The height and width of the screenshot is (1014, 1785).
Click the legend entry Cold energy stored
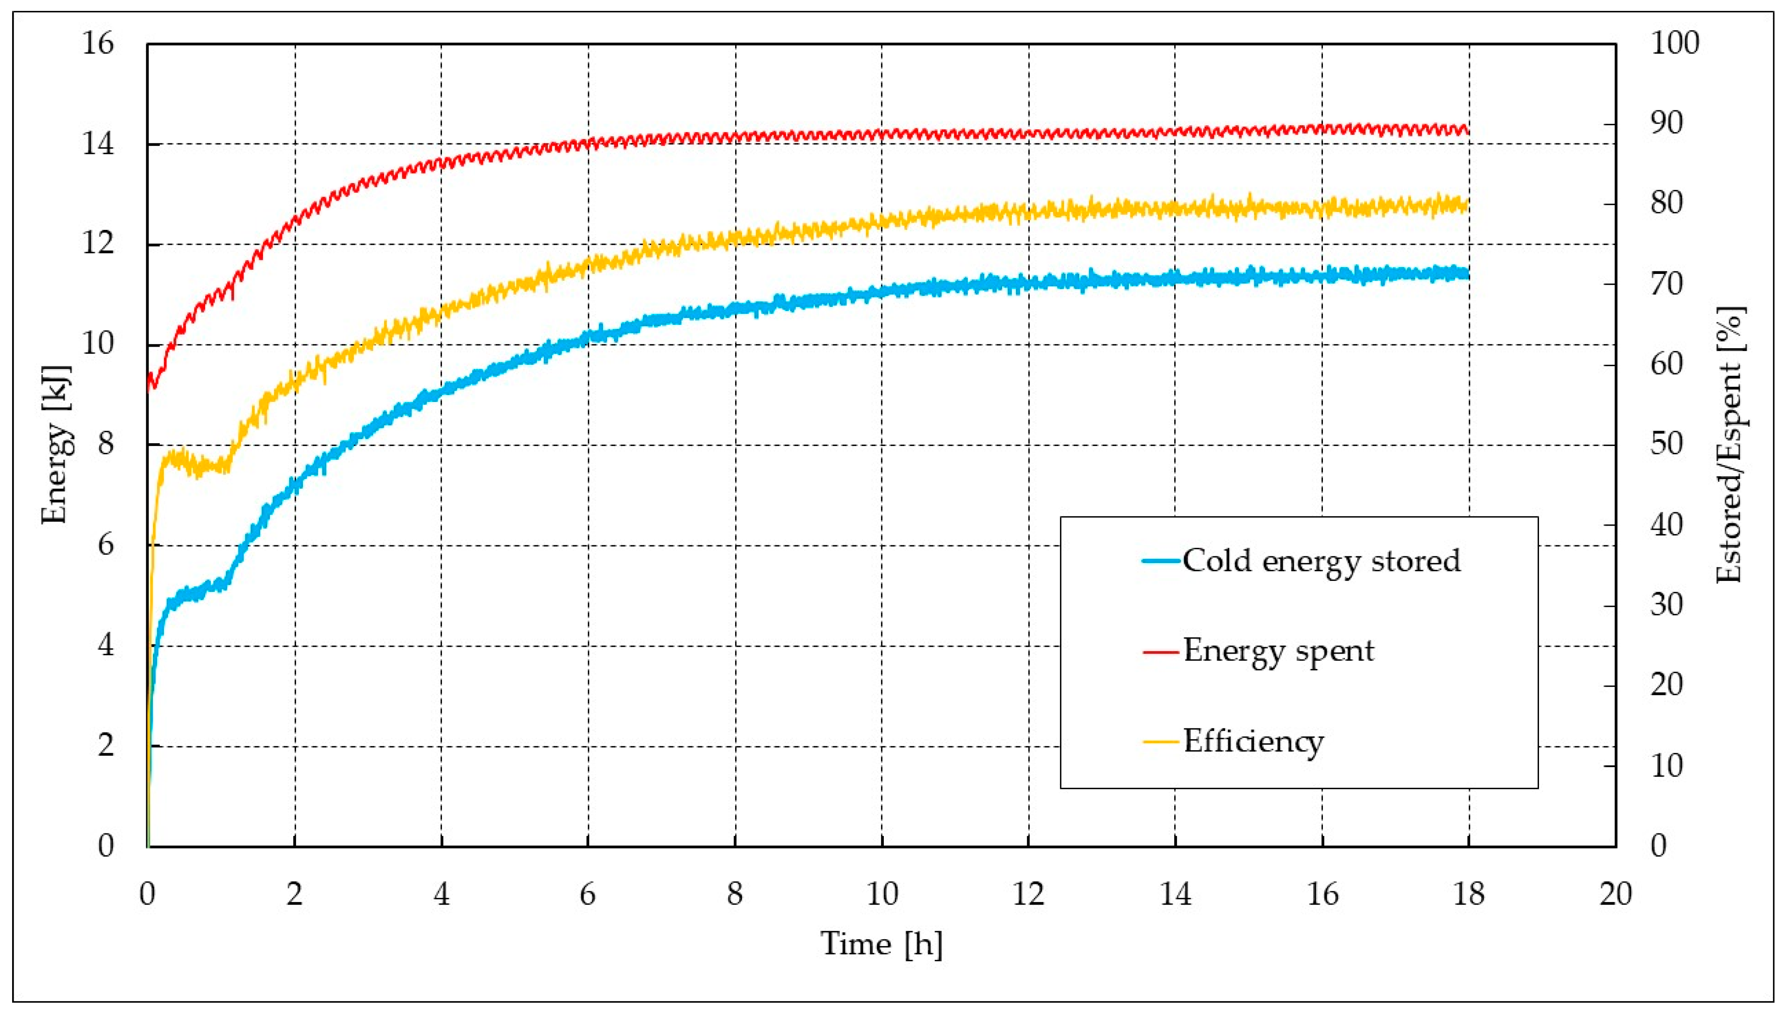point(1320,561)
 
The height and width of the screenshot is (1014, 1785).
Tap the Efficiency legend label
point(1253,741)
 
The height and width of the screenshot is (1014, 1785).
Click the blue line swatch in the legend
point(1161,561)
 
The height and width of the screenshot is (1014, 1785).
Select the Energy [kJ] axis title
point(57,444)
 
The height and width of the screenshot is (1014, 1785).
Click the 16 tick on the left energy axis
point(97,44)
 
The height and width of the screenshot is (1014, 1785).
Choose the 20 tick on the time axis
point(1615,894)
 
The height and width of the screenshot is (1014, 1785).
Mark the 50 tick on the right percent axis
point(1666,444)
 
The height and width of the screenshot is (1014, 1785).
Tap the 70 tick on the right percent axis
point(1666,284)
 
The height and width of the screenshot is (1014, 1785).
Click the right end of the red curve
point(1468,130)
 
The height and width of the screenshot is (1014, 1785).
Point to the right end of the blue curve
point(1468,273)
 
